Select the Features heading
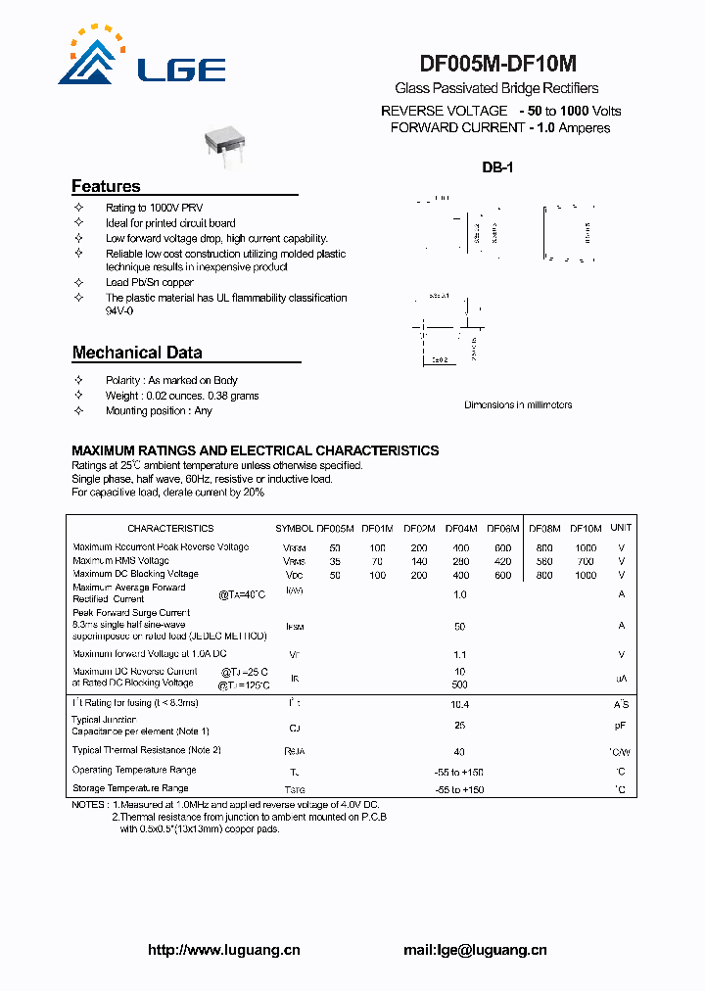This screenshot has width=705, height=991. click(106, 186)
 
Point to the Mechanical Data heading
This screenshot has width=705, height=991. click(137, 353)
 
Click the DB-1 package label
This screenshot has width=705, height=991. click(497, 167)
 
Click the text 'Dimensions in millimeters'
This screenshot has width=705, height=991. click(517, 404)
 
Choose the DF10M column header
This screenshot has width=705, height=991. click(586, 528)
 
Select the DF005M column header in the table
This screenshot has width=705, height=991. click(335, 528)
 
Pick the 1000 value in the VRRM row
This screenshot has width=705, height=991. click(586, 547)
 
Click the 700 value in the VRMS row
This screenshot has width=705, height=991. click(586, 561)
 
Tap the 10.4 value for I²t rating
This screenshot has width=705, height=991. click(460, 704)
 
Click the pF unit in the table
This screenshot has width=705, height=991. click(621, 726)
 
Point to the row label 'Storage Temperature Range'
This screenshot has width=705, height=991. click(130, 787)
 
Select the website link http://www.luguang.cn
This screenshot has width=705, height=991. click(223, 950)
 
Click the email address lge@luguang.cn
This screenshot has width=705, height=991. click(475, 950)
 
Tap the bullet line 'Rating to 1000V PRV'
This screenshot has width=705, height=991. click(154, 209)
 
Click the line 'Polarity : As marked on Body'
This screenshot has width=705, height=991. click(171, 380)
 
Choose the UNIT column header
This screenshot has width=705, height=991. click(621, 528)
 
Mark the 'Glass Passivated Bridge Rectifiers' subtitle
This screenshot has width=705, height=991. click(496, 88)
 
